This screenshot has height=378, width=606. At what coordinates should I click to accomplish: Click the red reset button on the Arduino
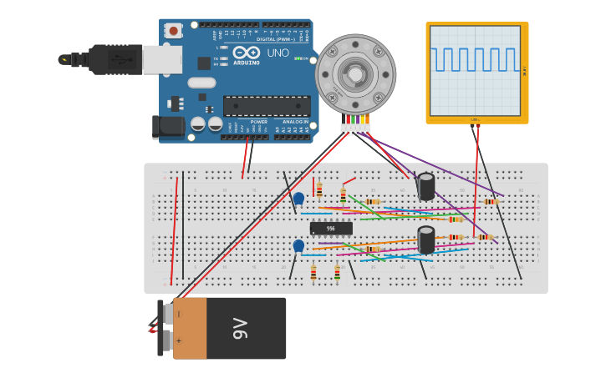(173, 31)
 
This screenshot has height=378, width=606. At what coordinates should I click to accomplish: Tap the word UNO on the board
(278, 53)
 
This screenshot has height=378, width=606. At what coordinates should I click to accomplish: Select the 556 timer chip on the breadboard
(331, 228)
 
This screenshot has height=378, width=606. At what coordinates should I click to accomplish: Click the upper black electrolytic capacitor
(426, 187)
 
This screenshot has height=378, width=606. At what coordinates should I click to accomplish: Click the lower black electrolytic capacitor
(426, 240)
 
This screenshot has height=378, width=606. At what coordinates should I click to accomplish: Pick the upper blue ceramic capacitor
(298, 199)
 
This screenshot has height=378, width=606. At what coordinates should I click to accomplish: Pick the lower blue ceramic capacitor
(298, 246)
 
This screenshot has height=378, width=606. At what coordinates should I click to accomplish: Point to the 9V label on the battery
(242, 328)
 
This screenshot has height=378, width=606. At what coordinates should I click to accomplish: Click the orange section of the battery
(190, 328)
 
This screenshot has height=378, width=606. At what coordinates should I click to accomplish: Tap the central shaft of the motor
(355, 74)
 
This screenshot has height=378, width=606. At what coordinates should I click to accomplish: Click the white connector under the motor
(355, 128)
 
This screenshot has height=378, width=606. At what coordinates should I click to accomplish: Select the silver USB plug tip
(64, 59)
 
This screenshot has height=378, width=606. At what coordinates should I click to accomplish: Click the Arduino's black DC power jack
(167, 127)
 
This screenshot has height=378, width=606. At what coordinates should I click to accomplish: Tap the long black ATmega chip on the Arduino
(267, 106)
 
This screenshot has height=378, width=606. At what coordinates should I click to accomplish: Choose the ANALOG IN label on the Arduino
(295, 122)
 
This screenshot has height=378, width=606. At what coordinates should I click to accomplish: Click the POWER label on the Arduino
(259, 122)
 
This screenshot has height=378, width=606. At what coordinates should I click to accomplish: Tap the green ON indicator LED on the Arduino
(298, 58)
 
